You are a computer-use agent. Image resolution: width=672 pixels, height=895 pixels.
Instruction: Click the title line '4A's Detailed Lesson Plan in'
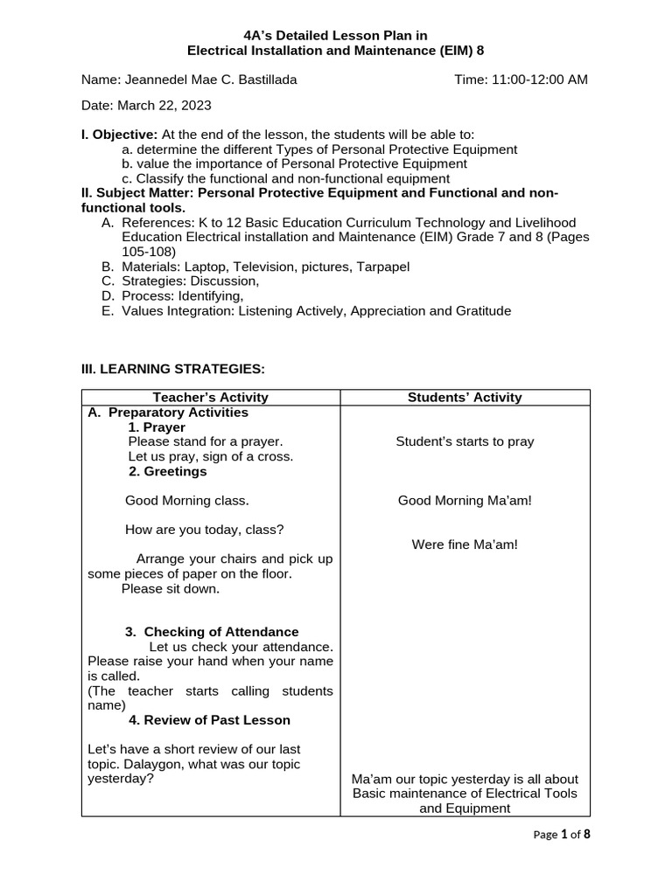[335, 35]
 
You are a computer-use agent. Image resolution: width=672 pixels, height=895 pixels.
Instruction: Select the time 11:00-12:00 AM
[521, 80]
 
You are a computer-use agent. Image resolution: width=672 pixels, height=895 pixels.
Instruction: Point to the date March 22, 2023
[146, 105]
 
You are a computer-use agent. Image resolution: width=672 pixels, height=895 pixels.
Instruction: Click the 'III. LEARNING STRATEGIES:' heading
[172, 370]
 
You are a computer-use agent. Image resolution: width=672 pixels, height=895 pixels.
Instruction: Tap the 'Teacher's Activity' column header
[210, 398]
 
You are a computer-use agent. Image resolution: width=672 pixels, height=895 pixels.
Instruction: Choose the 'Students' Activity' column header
[465, 398]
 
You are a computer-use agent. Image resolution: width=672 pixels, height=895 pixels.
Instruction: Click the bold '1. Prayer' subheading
[157, 427]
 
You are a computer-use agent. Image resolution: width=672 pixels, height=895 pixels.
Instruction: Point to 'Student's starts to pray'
[465, 442]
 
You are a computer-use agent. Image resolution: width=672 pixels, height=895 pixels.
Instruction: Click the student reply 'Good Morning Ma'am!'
[465, 501]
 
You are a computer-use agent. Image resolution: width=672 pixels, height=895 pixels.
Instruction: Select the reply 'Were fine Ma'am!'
[465, 545]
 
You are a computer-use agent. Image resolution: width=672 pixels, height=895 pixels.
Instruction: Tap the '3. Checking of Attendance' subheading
[212, 632]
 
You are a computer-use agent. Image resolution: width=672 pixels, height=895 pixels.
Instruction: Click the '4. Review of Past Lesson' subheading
[209, 720]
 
